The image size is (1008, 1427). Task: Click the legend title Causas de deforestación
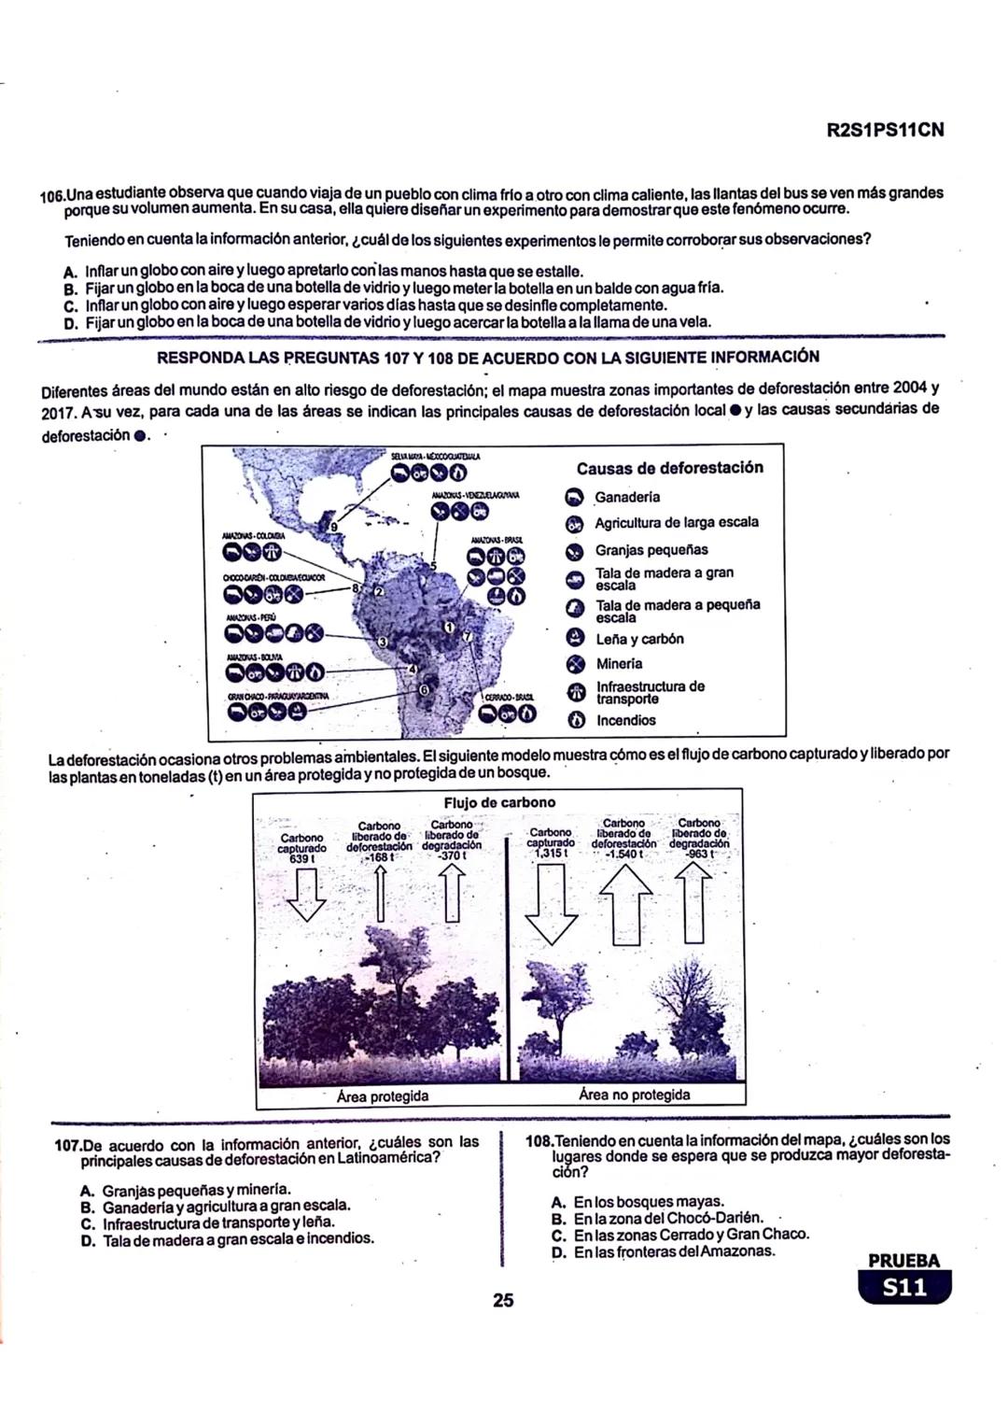coord(669,468)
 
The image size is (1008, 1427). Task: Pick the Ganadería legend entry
coord(626,497)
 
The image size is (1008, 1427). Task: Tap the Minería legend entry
coord(618,664)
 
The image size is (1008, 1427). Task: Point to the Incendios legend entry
coord(625,720)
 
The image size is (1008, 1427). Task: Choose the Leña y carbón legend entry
coord(639,639)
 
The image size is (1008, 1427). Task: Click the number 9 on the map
coord(335,528)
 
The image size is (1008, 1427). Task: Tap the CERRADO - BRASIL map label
coord(510,697)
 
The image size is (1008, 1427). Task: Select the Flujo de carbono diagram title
coord(499,802)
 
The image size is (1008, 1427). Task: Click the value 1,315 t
coord(550,854)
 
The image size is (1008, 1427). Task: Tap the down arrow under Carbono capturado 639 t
coord(305,895)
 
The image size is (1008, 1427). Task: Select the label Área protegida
coord(383,1095)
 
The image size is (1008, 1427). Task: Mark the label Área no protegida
coord(634,1095)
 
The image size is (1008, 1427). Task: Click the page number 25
coord(503,1299)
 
